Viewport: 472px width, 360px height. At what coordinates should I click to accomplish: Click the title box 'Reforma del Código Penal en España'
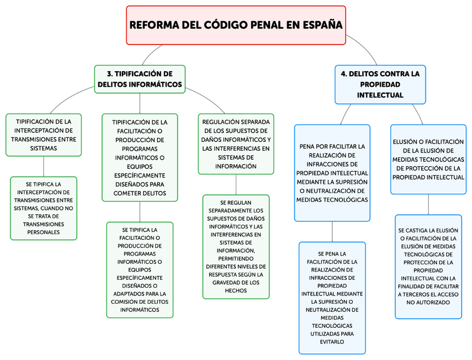tap(235, 25)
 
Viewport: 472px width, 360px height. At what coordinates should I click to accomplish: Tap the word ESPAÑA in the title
tap(322, 25)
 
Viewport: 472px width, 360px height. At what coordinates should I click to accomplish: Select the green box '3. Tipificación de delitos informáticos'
tap(140, 79)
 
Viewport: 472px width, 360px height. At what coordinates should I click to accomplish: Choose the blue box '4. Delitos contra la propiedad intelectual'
tap(380, 84)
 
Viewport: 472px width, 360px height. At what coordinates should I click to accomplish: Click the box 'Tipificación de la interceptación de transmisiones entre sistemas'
tap(43, 135)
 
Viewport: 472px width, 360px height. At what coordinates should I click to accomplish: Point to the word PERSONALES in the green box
tap(43, 232)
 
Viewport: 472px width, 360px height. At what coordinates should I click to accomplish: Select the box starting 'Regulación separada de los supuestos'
tap(236, 144)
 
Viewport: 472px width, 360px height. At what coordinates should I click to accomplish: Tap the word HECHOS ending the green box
tap(236, 290)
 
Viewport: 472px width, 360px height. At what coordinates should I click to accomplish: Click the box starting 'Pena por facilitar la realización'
tap(332, 172)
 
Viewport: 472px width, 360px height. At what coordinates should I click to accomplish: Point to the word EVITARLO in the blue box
tap(332, 342)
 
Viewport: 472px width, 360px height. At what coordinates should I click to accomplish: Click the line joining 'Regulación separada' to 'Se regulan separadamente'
tap(236, 184)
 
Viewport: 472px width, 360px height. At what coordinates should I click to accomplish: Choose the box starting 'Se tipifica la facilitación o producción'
tap(140, 269)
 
